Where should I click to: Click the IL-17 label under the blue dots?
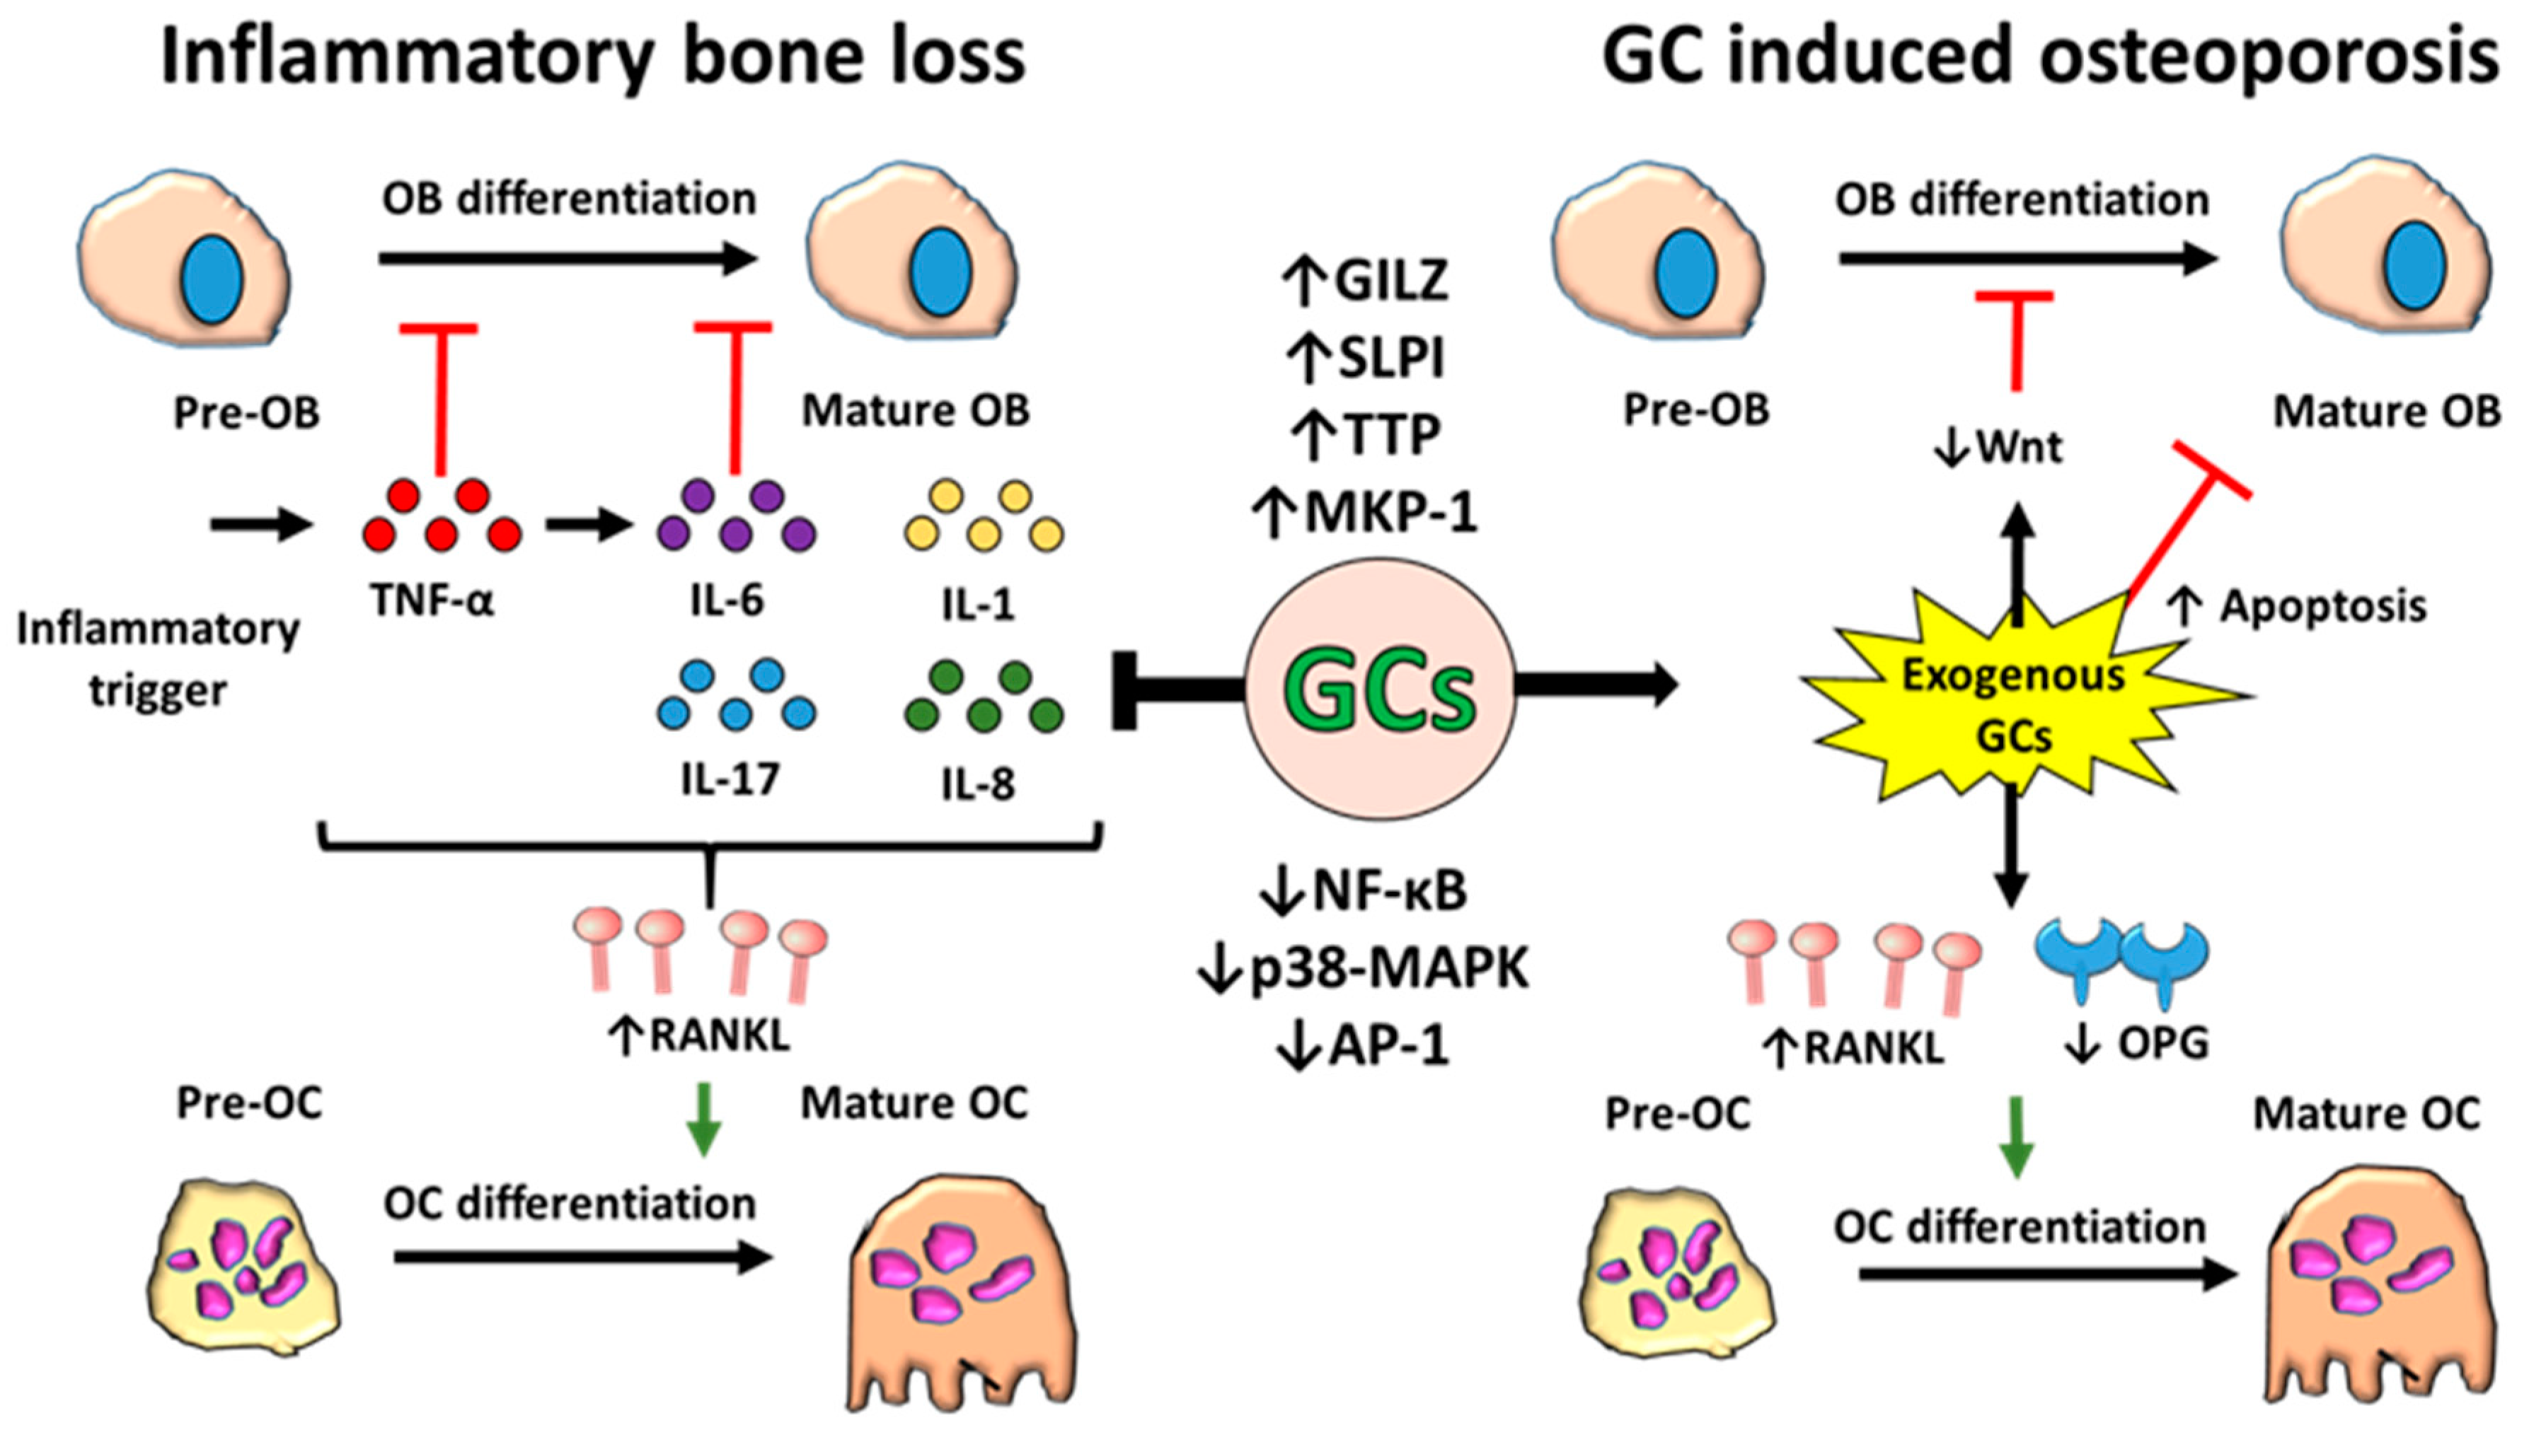(x=730, y=779)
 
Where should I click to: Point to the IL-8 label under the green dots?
(x=978, y=784)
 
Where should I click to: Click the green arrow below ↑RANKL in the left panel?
(x=703, y=1120)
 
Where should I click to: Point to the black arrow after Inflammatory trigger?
(x=260, y=525)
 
